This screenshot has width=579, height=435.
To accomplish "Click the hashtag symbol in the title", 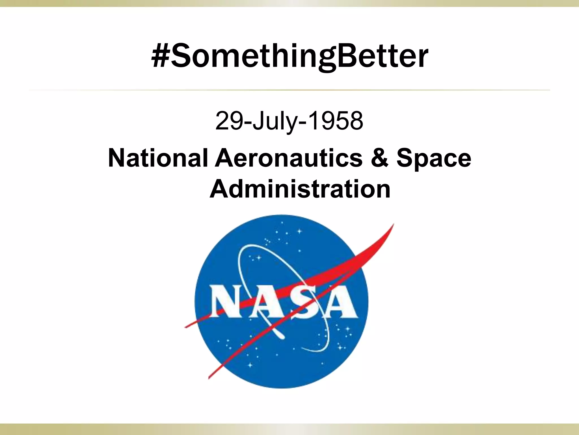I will (x=160, y=57).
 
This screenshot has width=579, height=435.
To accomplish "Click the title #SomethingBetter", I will (x=289, y=57).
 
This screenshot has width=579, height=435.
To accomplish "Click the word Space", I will (x=434, y=159).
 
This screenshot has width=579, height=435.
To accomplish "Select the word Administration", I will (x=300, y=189).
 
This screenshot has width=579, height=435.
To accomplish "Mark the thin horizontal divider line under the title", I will (x=289, y=90).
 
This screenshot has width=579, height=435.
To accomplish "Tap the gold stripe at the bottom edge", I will (x=289, y=429).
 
